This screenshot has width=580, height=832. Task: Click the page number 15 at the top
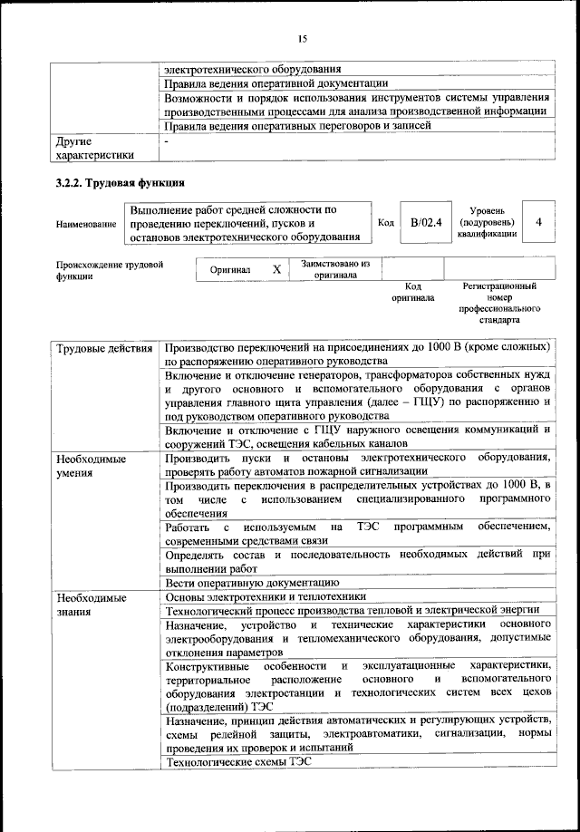pyautogui.click(x=303, y=38)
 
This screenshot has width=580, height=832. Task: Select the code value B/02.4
pyautogui.click(x=425, y=223)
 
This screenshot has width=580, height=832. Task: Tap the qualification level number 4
pyautogui.click(x=539, y=222)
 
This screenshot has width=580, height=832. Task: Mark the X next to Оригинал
pyautogui.click(x=276, y=269)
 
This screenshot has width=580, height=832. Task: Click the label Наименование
pyautogui.click(x=86, y=224)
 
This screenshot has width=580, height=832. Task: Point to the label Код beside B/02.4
pyautogui.click(x=385, y=223)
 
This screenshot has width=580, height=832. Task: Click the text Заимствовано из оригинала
pyautogui.click(x=336, y=269)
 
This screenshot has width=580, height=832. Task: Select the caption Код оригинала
pyautogui.click(x=413, y=292)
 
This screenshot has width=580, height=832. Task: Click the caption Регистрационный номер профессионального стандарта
pyautogui.click(x=499, y=303)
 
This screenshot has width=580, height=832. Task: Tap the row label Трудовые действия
pyautogui.click(x=103, y=348)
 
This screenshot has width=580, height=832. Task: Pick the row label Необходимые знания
pyautogui.click(x=91, y=605)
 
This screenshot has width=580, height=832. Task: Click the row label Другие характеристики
pyautogui.click(x=93, y=149)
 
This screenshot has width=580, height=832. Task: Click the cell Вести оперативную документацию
pyautogui.click(x=252, y=582)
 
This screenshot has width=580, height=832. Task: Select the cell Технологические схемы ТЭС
pyautogui.click(x=238, y=763)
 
